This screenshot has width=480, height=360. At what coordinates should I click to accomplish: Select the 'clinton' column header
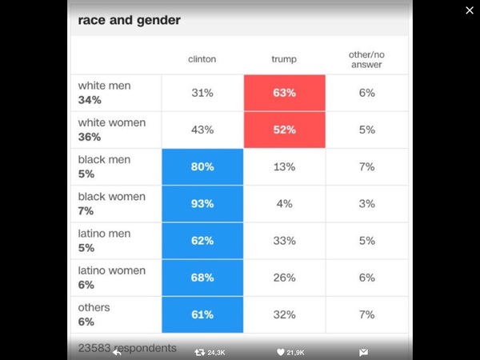tap(202, 59)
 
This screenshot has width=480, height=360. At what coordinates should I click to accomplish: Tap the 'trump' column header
tap(284, 59)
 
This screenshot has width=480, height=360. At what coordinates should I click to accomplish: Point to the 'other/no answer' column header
tap(366, 59)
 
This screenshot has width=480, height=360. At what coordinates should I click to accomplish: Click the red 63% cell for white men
tap(284, 93)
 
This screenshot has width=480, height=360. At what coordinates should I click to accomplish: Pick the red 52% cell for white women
tap(284, 130)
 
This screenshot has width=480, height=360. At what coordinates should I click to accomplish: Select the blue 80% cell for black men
tap(202, 166)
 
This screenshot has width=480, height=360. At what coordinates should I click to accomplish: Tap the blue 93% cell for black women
tap(202, 203)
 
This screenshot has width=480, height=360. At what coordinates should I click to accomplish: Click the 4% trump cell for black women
tap(284, 203)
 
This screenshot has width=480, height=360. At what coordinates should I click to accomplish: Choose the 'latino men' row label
tap(104, 234)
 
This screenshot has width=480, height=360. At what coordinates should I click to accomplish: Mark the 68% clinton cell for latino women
tap(202, 278)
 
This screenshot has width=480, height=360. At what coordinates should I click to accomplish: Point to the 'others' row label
tap(94, 307)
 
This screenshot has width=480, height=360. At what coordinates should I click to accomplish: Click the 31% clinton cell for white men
tap(202, 93)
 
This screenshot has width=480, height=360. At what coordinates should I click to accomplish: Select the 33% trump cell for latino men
tap(284, 240)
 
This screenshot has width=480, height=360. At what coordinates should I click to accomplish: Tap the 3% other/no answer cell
tap(366, 203)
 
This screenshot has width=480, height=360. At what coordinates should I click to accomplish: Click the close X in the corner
tap(470, 10)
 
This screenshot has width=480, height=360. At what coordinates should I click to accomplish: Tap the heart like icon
tap(280, 352)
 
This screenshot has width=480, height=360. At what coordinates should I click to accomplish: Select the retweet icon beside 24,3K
tap(200, 352)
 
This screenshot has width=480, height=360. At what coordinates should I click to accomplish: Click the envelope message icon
tap(363, 352)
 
